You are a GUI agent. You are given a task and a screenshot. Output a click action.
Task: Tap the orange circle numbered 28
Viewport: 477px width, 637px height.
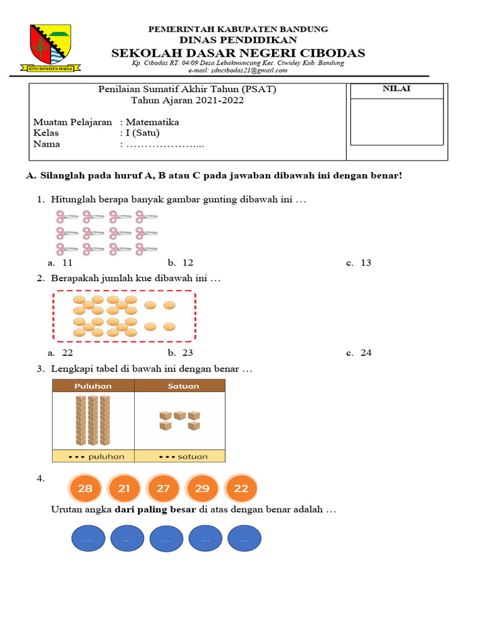coord(85,488)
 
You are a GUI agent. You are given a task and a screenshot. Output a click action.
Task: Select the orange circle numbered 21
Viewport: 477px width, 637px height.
coord(124,488)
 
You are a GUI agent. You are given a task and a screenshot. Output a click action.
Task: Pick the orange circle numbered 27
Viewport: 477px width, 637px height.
coord(163,488)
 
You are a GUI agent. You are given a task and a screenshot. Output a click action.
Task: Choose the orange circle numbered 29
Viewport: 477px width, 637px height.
coord(202,488)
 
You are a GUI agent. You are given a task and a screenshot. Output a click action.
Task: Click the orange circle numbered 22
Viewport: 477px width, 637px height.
coord(242,488)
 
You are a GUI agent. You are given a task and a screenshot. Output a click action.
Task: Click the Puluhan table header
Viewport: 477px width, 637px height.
coord(93,386)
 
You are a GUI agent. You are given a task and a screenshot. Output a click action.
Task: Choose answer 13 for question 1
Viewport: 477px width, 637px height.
coord(365,263)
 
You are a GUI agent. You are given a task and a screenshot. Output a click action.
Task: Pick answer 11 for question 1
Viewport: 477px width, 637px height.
coord(68,263)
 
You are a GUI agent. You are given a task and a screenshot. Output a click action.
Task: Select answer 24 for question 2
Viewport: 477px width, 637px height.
coord(366,353)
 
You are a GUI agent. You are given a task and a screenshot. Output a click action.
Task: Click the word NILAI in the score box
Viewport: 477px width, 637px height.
coord(396,89)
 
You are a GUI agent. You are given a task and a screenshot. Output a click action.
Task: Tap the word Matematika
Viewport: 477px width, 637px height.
coord(152,122)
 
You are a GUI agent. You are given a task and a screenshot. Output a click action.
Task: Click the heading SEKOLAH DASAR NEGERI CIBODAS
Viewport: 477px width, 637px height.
coord(238,53)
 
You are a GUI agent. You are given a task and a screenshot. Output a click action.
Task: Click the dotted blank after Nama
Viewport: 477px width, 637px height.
coord(165,145)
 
